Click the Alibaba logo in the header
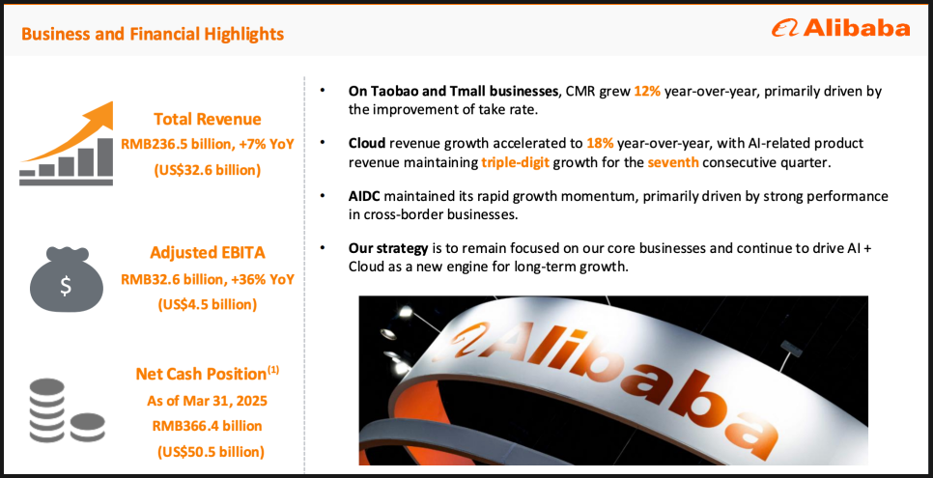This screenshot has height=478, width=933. pyautogui.click(x=840, y=28)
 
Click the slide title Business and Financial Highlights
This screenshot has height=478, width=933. pyautogui.click(x=153, y=34)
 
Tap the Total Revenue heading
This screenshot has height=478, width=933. pyautogui.click(x=207, y=119)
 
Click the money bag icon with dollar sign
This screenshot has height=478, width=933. pyautogui.click(x=66, y=279)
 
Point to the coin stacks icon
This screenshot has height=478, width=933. pyautogui.click(x=67, y=410)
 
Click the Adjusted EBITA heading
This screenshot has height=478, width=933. pyautogui.click(x=208, y=253)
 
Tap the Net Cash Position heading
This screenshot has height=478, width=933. pyautogui.click(x=208, y=374)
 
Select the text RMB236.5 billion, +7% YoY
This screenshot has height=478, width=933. pyautogui.click(x=208, y=144)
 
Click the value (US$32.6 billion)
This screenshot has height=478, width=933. pyautogui.click(x=208, y=170)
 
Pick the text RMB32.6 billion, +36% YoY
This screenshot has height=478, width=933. pyautogui.click(x=208, y=278)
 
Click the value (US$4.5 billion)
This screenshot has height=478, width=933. pyautogui.click(x=208, y=304)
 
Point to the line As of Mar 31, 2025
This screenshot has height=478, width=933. pyautogui.click(x=207, y=401)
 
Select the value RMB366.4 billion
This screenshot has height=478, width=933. pyautogui.click(x=207, y=426)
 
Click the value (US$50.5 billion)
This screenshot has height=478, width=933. pyautogui.click(x=211, y=452)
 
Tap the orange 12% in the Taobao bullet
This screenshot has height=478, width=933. pyautogui.click(x=647, y=93)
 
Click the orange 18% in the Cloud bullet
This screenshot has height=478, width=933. pyautogui.click(x=601, y=144)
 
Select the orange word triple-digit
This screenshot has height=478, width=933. pyautogui.click(x=516, y=162)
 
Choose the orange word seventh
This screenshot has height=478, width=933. pyautogui.click(x=673, y=162)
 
